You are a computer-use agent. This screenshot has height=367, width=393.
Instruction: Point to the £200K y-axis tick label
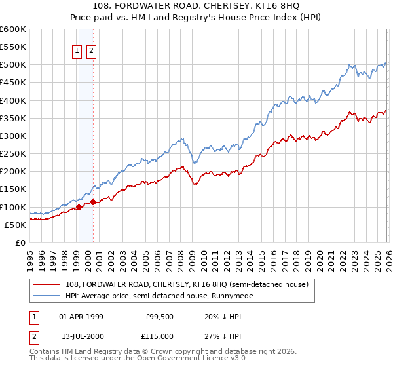(13, 172)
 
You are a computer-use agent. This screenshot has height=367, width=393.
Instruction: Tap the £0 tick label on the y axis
(20, 243)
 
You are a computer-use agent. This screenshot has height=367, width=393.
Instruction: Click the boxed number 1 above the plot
(77, 52)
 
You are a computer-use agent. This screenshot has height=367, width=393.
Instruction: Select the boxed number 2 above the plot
(91, 52)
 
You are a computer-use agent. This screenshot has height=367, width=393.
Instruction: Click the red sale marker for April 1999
(79, 207)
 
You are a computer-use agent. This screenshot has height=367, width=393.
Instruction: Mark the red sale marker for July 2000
(93, 202)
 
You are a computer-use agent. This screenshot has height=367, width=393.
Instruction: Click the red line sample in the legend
(47, 284)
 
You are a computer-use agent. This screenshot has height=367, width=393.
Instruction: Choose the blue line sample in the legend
(47, 296)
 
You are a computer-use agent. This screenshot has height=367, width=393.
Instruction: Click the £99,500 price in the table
(159, 317)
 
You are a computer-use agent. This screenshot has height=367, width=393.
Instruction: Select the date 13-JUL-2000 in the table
(81, 336)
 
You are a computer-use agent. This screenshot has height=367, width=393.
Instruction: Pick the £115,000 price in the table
(159, 336)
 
